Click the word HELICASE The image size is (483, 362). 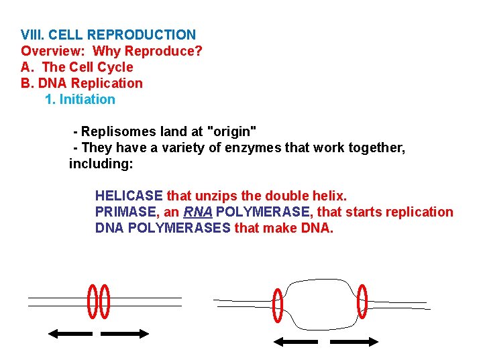coord(129,196)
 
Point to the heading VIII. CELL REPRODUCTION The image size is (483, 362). coord(108,35)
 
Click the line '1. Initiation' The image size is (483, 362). coord(80,99)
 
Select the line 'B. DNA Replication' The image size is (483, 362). coord(82,83)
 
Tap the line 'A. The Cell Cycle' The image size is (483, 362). coord(77,67)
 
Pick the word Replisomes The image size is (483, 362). coord(115,131)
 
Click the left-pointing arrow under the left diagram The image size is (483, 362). coord(70,333)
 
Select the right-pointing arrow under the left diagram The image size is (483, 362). coord(125,333)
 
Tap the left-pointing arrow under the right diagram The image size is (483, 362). coord(296,341)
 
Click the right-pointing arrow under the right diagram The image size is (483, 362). coord(355,341)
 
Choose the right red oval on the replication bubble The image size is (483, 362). coord(362,301)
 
